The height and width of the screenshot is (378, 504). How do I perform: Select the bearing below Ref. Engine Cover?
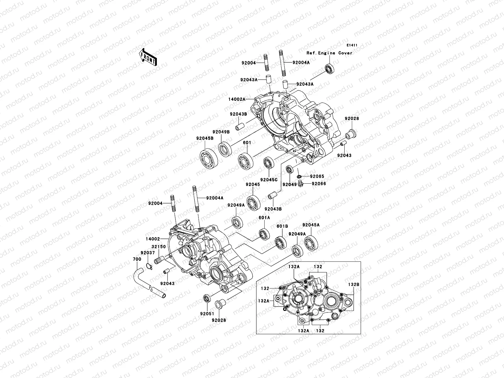(329, 69)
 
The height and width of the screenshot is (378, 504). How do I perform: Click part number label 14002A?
(237, 99)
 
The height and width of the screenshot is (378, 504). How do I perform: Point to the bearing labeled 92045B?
(208, 158)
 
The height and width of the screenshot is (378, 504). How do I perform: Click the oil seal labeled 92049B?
(225, 149)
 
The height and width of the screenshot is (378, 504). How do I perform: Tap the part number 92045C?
(269, 180)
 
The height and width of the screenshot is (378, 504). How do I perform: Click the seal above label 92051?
(207, 298)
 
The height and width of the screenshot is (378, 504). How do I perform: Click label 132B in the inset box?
(353, 284)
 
